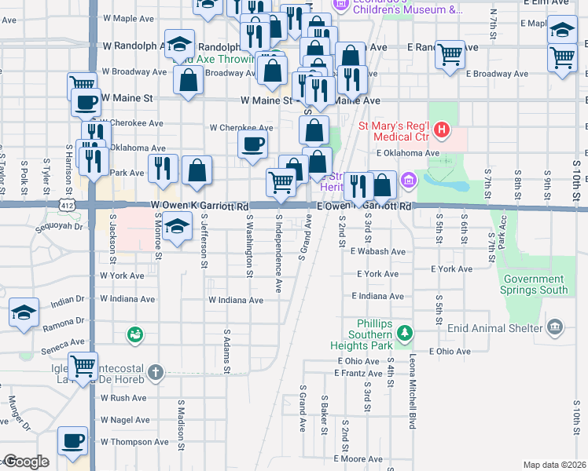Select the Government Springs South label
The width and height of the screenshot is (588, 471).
pyautogui.click(x=535, y=284)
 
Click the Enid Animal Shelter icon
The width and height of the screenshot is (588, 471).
pyautogui.click(x=556, y=326)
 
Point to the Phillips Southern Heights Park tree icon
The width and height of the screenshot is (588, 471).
pyautogui.click(x=404, y=333)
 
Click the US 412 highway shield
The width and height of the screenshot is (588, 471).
pyautogui.click(x=71, y=204)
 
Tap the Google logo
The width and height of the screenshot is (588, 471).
pyautogui.click(x=27, y=462)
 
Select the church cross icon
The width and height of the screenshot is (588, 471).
pyautogui.click(x=156, y=371)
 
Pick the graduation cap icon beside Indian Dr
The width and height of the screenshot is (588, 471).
pyautogui.click(x=24, y=312)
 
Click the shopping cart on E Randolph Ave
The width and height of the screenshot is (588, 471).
pyautogui.click(x=450, y=54)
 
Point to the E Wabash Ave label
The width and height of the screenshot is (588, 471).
pyautogui.click(x=378, y=252)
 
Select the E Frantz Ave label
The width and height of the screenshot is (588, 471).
pyautogui.click(x=358, y=374)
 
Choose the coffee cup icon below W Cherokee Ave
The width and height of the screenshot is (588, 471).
pyautogui.click(x=252, y=144)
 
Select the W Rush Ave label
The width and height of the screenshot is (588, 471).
pyautogui.click(x=123, y=398)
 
